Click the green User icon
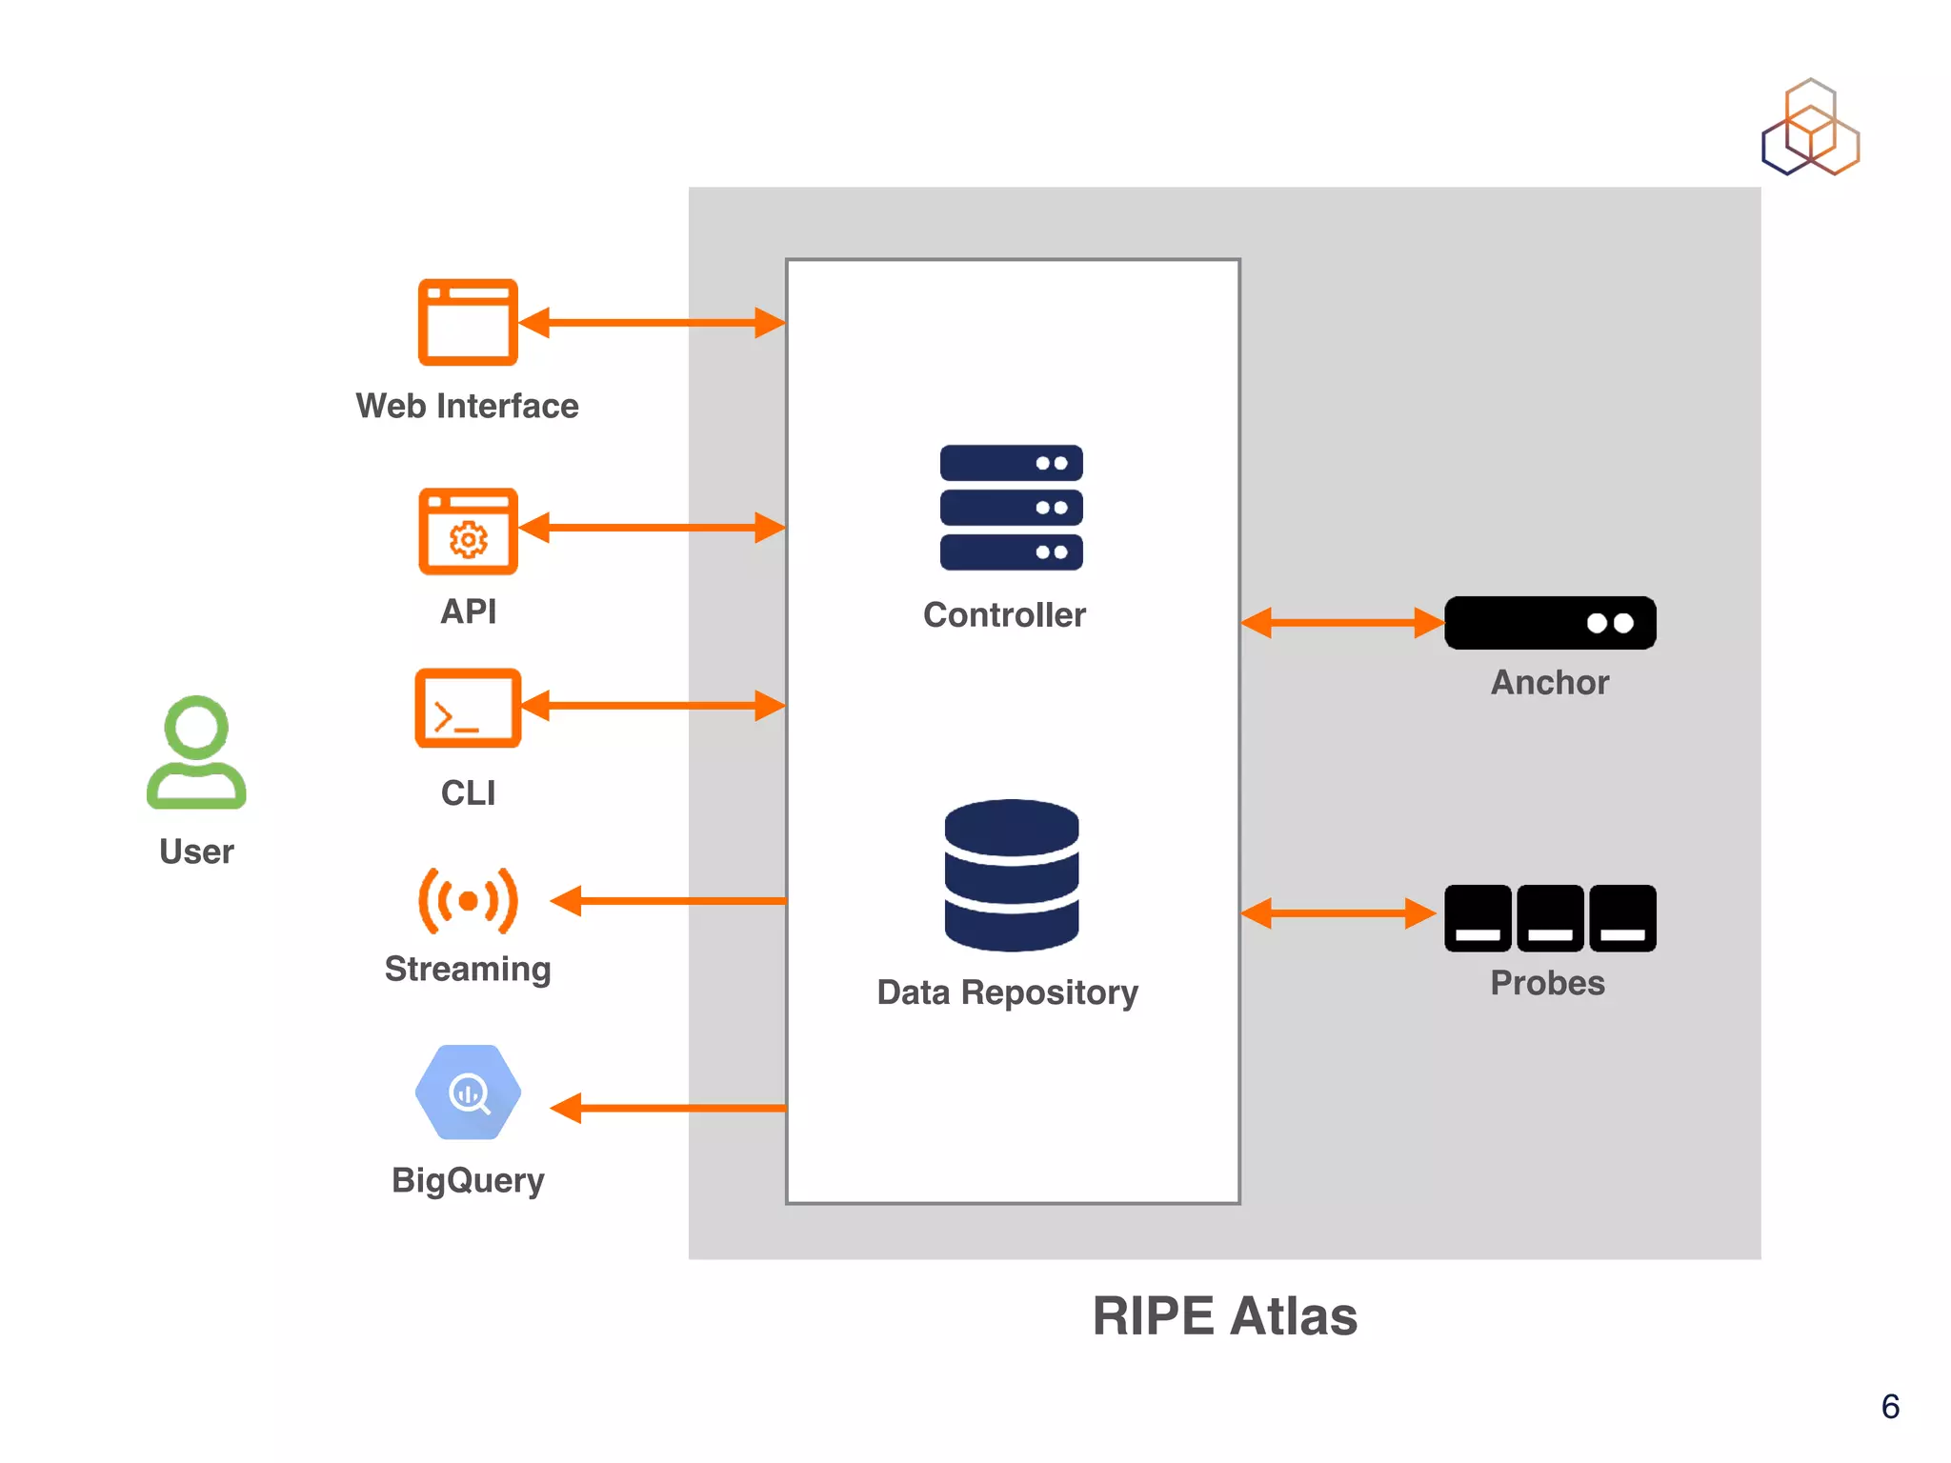pos(196,752)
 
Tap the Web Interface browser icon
pos(468,322)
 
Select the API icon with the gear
pos(468,531)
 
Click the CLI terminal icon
pos(468,708)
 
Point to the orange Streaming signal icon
pos(468,900)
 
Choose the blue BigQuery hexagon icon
pos(468,1092)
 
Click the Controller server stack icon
pos(1011,508)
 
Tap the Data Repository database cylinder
pos(1011,874)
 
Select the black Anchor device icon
pos(1550,623)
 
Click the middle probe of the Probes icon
pos(1550,918)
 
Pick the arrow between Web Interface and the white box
pos(653,322)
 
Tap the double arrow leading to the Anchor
pos(1342,623)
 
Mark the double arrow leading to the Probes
pos(1338,913)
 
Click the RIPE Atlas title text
pos(1224,1316)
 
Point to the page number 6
pos(1890,1407)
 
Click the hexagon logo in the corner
pos(1810,128)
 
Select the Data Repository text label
pos(1007,992)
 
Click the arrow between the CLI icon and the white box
pos(653,706)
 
